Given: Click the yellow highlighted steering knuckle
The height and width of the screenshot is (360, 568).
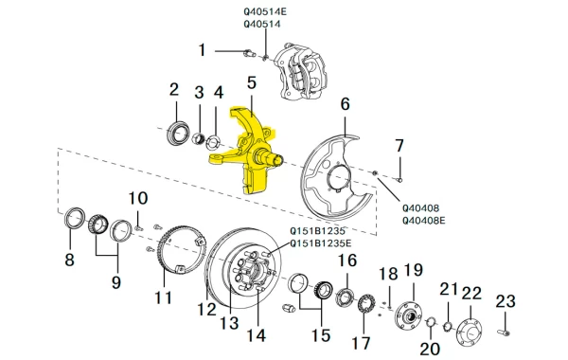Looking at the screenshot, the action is click(x=249, y=153).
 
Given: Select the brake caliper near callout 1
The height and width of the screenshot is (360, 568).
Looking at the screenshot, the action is click(x=300, y=73).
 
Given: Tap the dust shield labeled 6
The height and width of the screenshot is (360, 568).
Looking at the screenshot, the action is click(x=335, y=178).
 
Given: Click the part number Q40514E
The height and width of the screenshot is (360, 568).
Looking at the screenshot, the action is click(x=265, y=11).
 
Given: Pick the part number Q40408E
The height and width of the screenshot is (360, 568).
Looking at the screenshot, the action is click(x=424, y=221).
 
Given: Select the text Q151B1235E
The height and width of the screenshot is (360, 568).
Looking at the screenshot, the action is click(x=320, y=243).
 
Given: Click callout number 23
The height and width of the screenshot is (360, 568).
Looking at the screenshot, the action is click(x=506, y=301).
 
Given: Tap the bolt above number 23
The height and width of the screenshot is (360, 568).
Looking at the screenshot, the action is click(x=504, y=332).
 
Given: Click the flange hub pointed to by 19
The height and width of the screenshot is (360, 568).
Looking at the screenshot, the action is click(x=408, y=316).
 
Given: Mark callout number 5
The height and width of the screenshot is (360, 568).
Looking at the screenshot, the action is click(x=252, y=82).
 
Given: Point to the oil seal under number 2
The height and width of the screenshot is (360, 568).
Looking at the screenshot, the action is click(x=178, y=134).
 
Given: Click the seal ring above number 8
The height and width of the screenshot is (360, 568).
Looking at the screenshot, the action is click(x=75, y=218).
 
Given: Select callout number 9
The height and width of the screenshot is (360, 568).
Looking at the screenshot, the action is click(x=115, y=281).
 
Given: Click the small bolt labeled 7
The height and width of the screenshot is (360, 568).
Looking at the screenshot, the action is click(x=399, y=179).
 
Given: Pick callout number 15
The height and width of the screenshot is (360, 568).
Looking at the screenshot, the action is click(x=321, y=335).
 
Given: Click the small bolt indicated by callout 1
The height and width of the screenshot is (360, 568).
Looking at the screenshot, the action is click(x=249, y=53).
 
